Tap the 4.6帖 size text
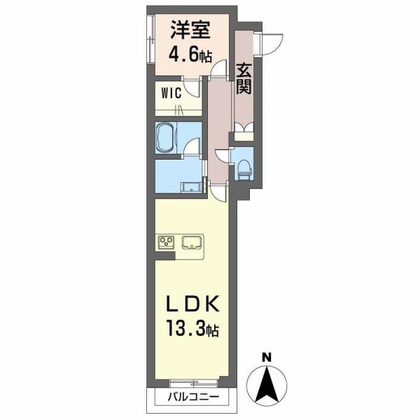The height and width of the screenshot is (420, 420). tap(190, 55)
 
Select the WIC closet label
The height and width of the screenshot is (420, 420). tap(172, 92)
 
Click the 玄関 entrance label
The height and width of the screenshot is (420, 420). tap(244, 78)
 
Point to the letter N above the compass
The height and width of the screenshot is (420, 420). tap(267, 358)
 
